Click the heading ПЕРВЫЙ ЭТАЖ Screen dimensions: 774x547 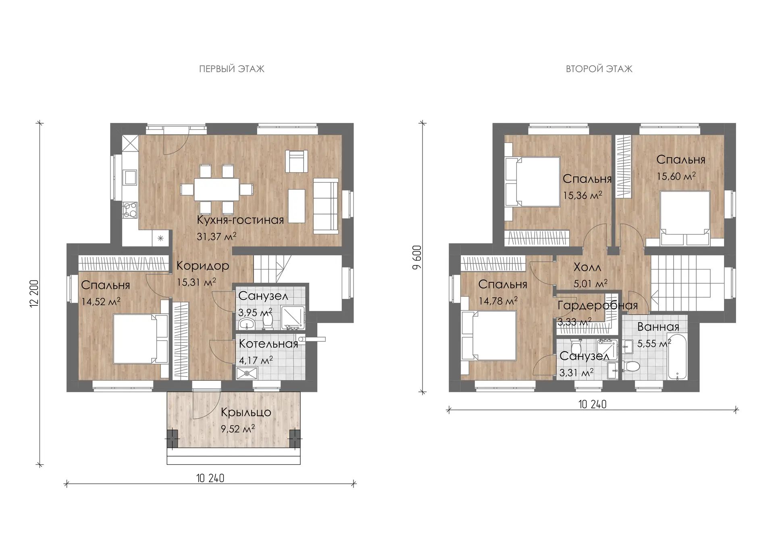point(232,69)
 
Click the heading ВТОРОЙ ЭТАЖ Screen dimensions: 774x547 point(599,69)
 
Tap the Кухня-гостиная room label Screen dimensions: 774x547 point(240,220)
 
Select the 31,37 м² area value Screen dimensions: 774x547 point(216,236)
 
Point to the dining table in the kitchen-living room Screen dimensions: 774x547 point(217,189)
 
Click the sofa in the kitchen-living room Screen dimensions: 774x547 point(326,206)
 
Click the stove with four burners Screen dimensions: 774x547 point(130,210)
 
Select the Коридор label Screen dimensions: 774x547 point(203,266)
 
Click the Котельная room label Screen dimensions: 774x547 point(268,344)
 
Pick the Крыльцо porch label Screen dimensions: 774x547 point(246,412)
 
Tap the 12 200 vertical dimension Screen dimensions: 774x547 point(34,294)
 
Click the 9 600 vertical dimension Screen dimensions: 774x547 point(417,258)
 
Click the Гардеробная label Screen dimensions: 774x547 point(597,306)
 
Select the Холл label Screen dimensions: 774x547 point(587,267)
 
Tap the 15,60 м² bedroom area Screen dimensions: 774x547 point(676,176)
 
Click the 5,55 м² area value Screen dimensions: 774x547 point(654,344)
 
